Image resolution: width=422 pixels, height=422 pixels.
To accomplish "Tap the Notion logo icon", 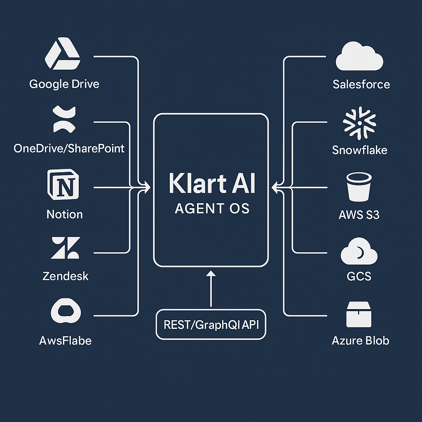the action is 63,184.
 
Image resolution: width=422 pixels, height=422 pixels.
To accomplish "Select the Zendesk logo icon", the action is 66,248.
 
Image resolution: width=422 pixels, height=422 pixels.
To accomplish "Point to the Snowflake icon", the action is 359,123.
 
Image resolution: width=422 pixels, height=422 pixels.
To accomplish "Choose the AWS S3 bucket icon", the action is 359,187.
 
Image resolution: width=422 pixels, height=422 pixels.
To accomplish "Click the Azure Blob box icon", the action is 359,314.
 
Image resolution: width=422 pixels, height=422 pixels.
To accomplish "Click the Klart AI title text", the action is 212,183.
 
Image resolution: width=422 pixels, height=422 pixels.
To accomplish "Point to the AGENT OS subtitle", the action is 212,209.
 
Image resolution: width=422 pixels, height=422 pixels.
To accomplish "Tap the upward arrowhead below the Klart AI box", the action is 211,274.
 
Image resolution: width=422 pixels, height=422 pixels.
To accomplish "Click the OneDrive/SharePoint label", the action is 69,148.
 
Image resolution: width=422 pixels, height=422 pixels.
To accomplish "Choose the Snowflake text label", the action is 359,150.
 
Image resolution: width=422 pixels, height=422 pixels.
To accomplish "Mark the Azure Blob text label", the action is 360,340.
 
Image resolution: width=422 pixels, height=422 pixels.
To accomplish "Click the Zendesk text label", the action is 66,276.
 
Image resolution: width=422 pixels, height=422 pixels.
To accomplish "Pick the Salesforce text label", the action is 361,84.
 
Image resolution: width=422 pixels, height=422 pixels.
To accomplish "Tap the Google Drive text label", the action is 64,84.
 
